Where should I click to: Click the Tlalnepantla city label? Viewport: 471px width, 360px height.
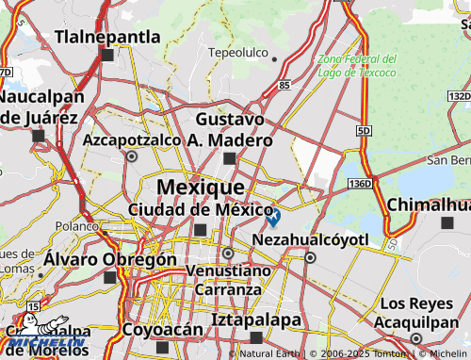coord(108,37)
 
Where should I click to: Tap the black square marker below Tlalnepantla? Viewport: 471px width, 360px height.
coord(108,56)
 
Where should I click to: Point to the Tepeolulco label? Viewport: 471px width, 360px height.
coord(238,54)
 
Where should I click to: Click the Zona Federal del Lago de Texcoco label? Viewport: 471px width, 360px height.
coord(357,65)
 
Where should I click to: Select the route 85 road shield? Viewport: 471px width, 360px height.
coord(284,86)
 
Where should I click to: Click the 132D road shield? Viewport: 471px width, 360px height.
coord(459,96)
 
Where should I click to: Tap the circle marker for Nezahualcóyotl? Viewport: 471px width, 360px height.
coord(310,256)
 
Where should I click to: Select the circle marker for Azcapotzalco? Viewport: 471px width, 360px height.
coord(131,157)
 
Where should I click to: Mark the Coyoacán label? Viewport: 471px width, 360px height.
coord(162,330)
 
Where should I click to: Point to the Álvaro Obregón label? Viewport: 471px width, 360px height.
coord(110,258)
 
